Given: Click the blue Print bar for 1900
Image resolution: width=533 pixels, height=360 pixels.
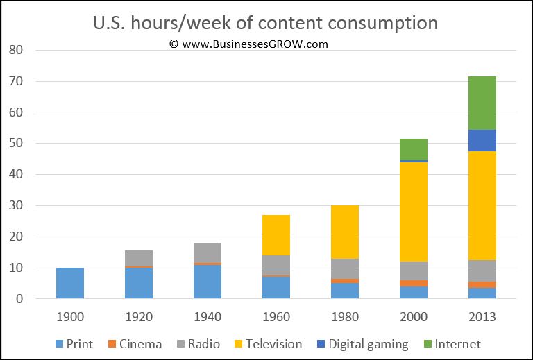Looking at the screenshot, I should pos(70,283).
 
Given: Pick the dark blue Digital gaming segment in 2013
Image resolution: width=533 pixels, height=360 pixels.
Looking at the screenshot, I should pos(482,140).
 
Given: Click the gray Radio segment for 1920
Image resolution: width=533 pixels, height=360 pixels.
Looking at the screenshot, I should pos(139,258).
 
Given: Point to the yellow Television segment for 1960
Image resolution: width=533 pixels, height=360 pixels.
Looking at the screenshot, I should pos(276,235).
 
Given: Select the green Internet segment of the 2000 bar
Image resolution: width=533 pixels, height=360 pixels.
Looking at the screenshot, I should pos(413,149).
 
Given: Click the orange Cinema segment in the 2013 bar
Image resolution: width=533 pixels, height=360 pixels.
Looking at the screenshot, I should pos(482,284).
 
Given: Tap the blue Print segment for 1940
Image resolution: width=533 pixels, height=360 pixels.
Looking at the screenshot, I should pos(208,282).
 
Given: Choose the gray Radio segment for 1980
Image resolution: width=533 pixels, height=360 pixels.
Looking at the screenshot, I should pos(345,268).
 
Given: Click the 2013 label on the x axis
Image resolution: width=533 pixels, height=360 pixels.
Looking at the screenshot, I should pos(482,317).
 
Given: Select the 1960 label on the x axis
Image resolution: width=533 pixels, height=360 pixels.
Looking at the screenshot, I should pos(276,317).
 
